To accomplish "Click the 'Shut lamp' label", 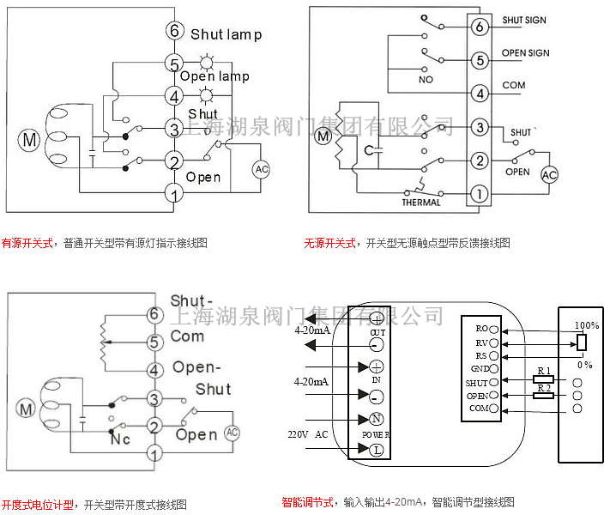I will [x=226, y=34].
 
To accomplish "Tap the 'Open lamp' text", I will [x=214, y=76].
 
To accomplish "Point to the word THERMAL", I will [x=421, y=203].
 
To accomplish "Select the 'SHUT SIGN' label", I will [x=524, y=21].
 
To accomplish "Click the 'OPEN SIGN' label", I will [x=525, y=53].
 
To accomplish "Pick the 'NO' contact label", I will [x=426, y=79].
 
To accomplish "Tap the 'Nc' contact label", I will [x=120, y=439].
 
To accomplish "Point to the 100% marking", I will [x=587, y=326].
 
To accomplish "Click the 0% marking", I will [x=585, y=365].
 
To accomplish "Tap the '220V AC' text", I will [x=309, y=434].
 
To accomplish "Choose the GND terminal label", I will [x=479, y=368].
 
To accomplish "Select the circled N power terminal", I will [x=376, y=421].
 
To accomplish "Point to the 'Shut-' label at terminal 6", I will [x=191, y=301].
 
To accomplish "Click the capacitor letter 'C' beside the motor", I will [x=368, y=150].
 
